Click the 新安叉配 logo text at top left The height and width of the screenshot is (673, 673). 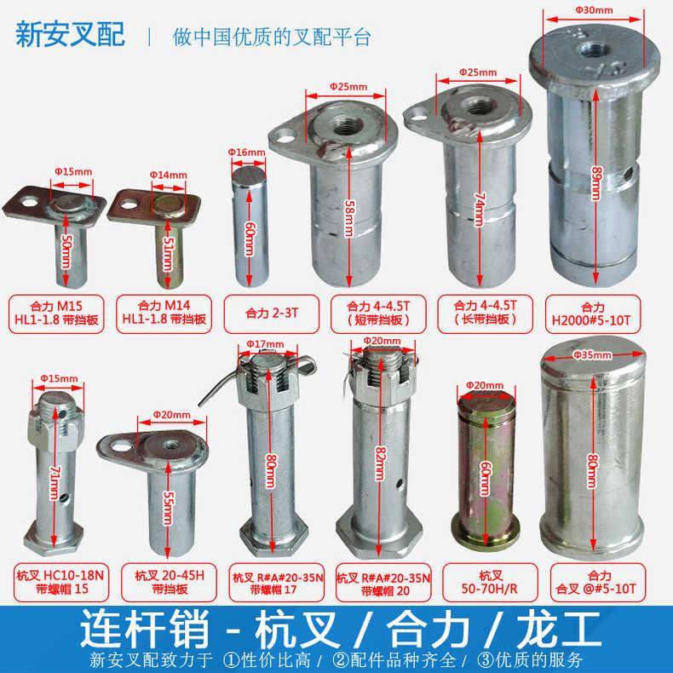[71, 36]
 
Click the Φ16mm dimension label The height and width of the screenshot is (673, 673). [243, 151]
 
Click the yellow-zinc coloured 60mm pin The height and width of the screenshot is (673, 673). [485, 473]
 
